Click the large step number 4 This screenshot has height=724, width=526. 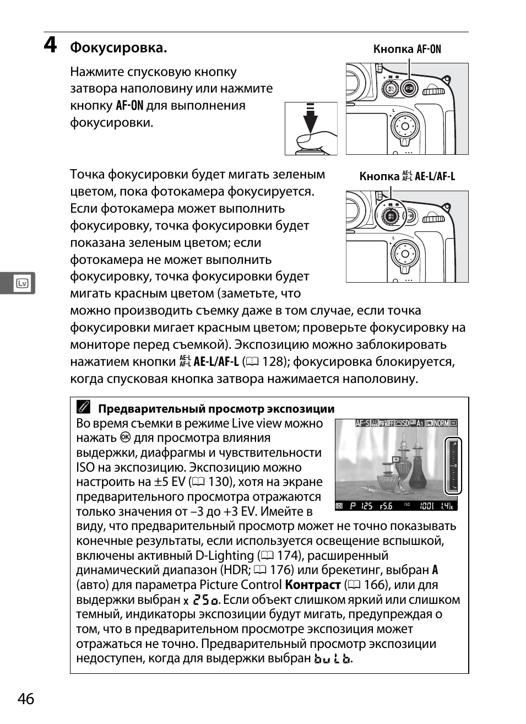click(50, 45)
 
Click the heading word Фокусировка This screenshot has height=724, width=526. click(118, 48)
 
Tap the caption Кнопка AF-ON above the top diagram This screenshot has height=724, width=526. click(407, 49)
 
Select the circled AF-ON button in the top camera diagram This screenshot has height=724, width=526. click(408, 88)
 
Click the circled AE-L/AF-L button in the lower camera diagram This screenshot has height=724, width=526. click(391, 215)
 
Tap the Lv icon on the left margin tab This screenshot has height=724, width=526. click(23, 284)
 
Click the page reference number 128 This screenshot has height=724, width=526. click(274, 362)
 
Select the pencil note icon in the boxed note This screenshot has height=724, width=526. click(83, 408)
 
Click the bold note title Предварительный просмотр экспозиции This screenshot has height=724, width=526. click(216, 409)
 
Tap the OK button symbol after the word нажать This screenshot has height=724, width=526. click(125, 438)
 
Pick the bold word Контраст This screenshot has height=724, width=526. click(313, 585)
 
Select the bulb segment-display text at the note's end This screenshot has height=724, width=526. click(332, 659)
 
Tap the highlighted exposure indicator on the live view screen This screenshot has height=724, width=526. click(453, 466)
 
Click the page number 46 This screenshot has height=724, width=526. click(26, 699)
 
